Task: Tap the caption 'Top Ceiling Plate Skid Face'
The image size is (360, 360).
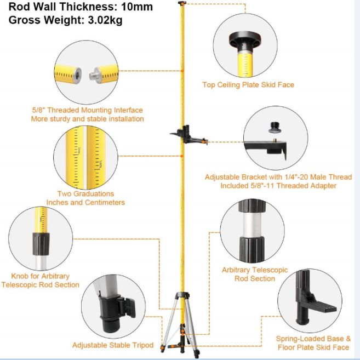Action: pyautogui.click(x=248, y=84)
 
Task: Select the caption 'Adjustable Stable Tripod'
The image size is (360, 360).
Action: pyautogui.click(x=113, y=345)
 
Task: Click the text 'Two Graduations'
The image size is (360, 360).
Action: pyautogui.click(x=85, y=193)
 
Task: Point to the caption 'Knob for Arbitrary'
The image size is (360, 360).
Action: pyautogui.click(x=40, y=276)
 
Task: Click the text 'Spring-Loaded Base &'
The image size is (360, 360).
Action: pyautogui.click(x=313, y=339)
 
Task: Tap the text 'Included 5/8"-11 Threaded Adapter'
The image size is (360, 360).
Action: pyautogui.click(x=278, y=186)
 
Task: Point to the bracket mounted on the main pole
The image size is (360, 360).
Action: pyautogui.click(x=187, y=134)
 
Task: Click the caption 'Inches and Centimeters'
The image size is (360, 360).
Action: pyautogui.click(x=85, y=202)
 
